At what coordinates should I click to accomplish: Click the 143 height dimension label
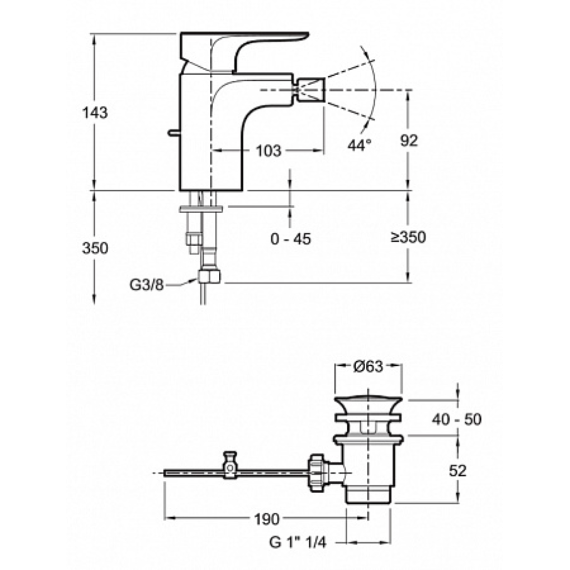click(95, 112)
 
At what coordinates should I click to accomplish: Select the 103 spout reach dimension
click(268, 150)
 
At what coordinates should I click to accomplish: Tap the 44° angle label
click(360, 145)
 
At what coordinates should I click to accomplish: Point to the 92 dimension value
click(409, 140)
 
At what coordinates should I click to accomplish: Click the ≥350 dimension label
click(408, 237)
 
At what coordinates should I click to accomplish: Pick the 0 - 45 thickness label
click(291, 239)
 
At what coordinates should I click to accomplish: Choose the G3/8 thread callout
click(146, 284)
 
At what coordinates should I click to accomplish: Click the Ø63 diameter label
click(368, 366)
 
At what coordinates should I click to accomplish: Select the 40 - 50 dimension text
click(456, 420)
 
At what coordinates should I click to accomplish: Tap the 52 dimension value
click(458, 471)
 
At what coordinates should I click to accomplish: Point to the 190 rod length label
click(267, 519)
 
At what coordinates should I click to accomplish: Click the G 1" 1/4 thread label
click(298, 542)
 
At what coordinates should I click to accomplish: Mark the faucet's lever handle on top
click(244, 51)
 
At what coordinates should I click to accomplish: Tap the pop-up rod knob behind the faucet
click(174, 132)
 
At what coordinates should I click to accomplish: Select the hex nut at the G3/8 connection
click(209, 276)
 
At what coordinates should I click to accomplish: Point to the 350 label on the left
click(95, 248)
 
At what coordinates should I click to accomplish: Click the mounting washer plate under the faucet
click(200, 209)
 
